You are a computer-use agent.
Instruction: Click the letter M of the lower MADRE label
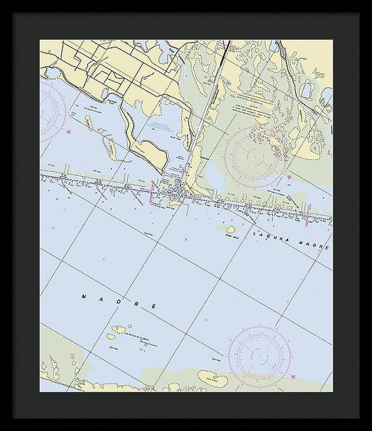point(83,296)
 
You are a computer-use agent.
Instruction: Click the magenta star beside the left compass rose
point(68,132)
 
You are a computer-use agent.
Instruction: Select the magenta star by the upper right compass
point(289,177)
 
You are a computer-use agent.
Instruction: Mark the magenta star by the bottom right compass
point(292,377)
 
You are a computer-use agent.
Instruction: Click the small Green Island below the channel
point(230,228)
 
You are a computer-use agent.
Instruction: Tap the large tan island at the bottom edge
point(213,378)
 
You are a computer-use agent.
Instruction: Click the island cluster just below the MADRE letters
point(119,329)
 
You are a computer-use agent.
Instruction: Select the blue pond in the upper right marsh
point(306,89)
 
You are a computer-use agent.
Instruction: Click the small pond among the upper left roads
point(105,93)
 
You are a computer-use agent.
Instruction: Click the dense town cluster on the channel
point(178,190)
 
